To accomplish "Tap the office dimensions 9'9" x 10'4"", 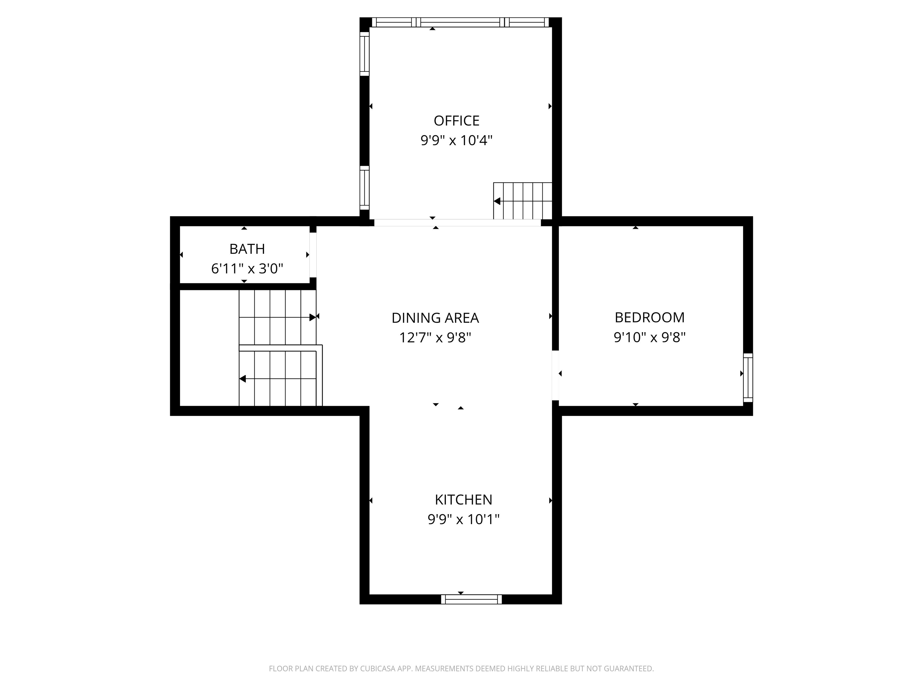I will [456, 141].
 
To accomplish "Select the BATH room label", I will [247, 249].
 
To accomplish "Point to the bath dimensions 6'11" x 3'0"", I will [247, 269].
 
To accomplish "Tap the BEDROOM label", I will [649, 318].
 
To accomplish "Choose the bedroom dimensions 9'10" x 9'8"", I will [649, 337].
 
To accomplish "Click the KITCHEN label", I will [463, 500].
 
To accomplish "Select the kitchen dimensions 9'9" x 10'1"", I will [463, 519].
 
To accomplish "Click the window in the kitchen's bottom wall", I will [471, 599].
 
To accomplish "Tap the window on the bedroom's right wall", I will [748, 378].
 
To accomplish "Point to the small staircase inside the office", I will [522, 201].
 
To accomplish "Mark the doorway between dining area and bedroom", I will [555, 375].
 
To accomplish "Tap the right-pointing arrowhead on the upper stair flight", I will [312, 317].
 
